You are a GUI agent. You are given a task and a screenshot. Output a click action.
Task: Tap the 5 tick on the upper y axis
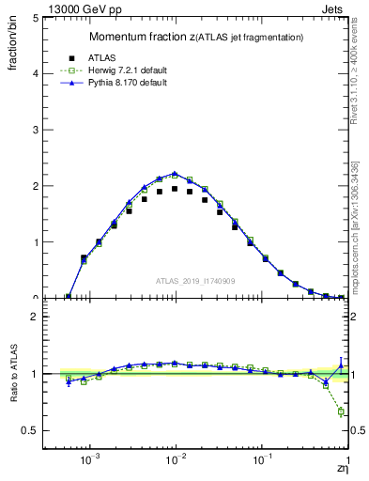[54, 17]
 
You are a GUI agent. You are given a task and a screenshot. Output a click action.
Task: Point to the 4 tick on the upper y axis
[54, 73]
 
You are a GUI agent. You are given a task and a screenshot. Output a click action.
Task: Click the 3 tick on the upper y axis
[54, 130]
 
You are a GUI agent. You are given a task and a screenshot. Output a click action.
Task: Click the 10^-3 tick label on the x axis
[90, 462]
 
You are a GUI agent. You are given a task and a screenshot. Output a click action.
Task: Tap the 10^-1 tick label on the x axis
[263, 462]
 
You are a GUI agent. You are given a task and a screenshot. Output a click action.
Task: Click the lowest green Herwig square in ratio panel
[341, 411]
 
